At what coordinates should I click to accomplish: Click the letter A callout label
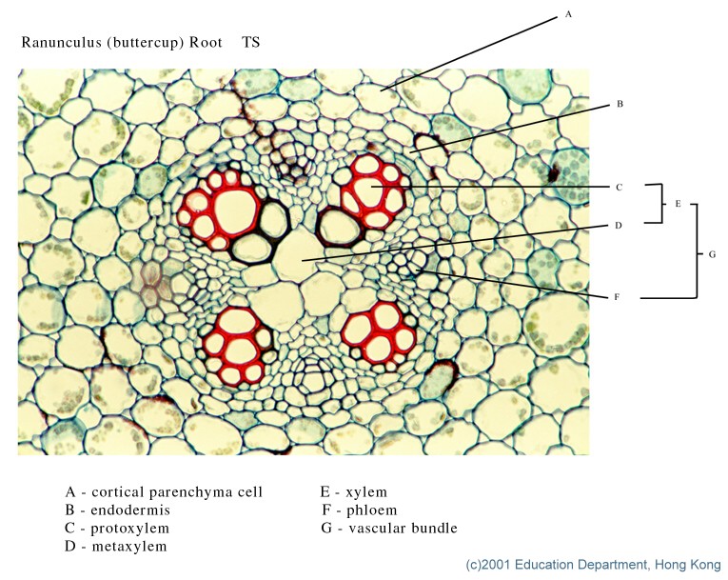click(x=568, y=14)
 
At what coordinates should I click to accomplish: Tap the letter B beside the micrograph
click(x=619, y=104)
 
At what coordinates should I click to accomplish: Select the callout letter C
click(x=619, y=187)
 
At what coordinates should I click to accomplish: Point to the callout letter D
click(x=619, y=226)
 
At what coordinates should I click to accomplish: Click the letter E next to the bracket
click(x=678, y=204)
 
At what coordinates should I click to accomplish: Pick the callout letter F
click(x=617, y=297)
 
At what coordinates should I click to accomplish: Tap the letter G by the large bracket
click(x=713, y=254)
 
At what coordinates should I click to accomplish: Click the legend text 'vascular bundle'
click(x=403, y=528)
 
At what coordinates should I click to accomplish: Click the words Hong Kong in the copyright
click(x=688, y=565)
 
